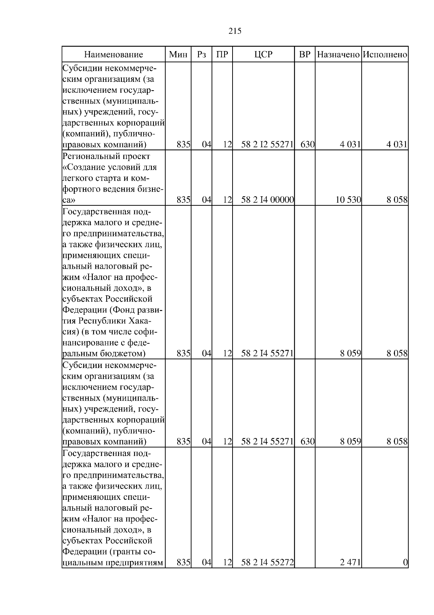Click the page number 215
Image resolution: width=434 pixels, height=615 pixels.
pyautogui.click(x=235, y=31)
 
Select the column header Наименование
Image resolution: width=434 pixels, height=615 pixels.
pyautogui.click(x=114, y=55)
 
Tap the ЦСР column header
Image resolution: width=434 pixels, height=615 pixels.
pyautogui.click(x=263, y=55)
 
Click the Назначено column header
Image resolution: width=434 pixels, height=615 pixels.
pyautogui.click(x=338, y=55)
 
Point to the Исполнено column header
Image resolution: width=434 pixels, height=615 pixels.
pyautogui.click(x=385, y=55)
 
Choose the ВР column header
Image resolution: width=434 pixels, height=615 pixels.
pyautogui.click(x=305, y=55)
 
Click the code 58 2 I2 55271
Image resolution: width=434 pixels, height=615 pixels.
pyautogui.click(x=267, y=145)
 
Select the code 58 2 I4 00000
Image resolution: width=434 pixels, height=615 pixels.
pyautogui.click(x=267, y=200)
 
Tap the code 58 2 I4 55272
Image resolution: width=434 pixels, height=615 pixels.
pyautogui.click(x=267, y=573)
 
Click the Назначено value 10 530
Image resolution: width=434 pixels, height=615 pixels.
pyautogui.click(x=348, y=200)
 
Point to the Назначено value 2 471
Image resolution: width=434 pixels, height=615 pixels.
pyautogui.click(x=350, y=573)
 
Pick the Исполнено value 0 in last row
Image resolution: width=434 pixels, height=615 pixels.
pyautogui.click(x=405, y=573)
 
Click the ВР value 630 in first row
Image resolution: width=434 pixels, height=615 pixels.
pyautogui.click(x=307, y=145)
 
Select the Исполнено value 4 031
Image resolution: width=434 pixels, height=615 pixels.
pyautogui.click(x=397, y=145)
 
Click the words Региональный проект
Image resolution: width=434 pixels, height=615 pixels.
pyautogui.click(x=106, y=156)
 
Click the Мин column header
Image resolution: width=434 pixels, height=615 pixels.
pyautogui.click(x=178, y=55)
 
